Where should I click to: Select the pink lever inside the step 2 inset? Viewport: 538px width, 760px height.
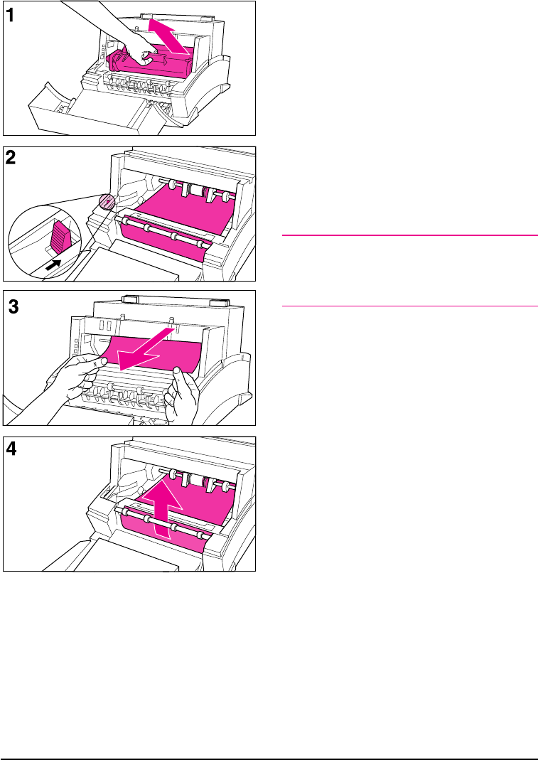(x=59, y=235)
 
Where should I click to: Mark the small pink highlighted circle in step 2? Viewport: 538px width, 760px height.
(x=106, y=203)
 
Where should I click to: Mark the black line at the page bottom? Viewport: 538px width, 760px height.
(x=269, y=739)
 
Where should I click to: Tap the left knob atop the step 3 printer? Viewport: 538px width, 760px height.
(x=129, y=300)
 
